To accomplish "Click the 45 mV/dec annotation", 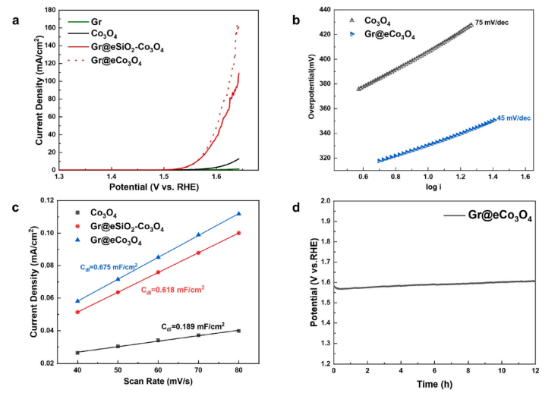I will click(x=513, y=118).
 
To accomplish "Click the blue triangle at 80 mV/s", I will click(x=238, y=214).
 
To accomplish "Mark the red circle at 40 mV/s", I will click(x=77, y=312).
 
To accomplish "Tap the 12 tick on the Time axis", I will click(x=534, y=371).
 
